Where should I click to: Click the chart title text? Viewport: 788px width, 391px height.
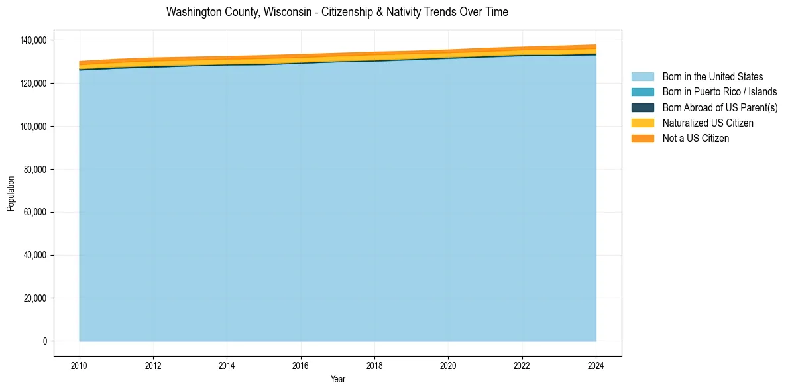[x=337, y=12]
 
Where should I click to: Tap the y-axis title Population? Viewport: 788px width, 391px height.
[x=11, y=193]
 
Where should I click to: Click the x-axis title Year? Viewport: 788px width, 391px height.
[x=337, y=379]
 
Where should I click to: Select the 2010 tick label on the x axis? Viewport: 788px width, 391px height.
[x=80, y=364]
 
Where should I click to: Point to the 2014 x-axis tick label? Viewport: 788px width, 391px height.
[x=227, y=364]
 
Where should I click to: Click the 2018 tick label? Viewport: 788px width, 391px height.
[x=374, y=364]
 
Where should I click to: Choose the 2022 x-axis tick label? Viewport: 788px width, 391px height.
[x=522, y=364]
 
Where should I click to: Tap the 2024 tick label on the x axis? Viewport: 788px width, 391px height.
[x=596, y=364]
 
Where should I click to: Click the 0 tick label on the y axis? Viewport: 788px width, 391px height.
[x=45, y=341]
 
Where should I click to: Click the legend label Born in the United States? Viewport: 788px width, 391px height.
[x=712, y=77]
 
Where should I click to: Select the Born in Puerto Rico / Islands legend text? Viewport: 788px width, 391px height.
[x=720, y=92]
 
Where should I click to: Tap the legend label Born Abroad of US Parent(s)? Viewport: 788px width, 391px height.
[x=720, y=107]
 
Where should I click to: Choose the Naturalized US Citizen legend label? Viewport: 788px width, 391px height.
[x=708, y=123]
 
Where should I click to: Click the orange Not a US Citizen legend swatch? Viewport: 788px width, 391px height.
[x=642, y=138]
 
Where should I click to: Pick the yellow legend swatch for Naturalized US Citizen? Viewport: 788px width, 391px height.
[x=642, y=123]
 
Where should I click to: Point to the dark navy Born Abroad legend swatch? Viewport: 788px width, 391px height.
[x=642, y=107]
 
